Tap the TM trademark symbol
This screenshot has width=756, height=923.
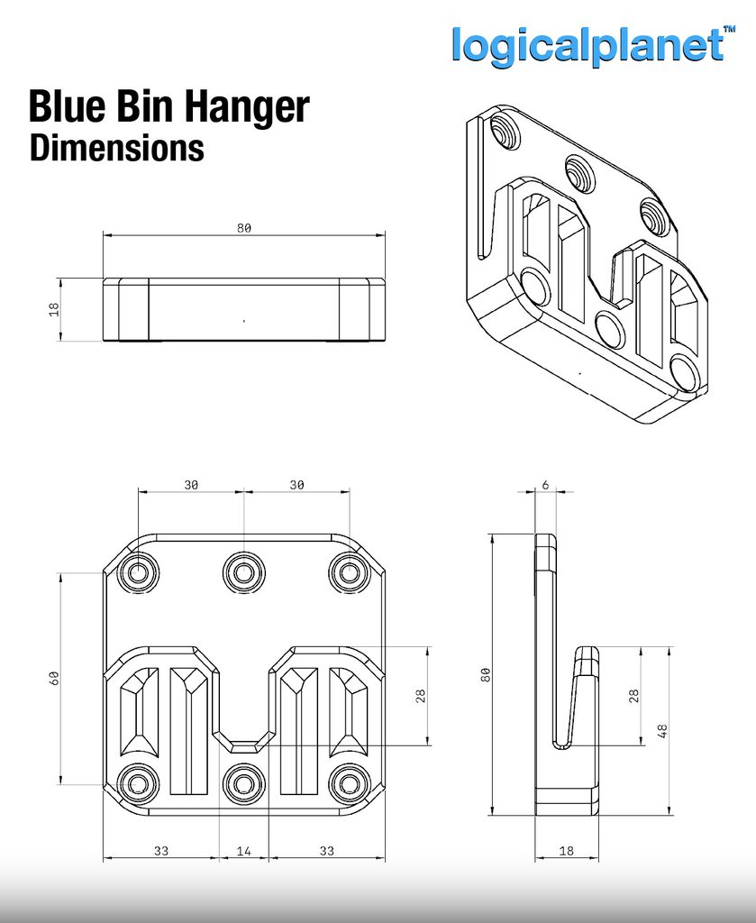click(x=729, y=29)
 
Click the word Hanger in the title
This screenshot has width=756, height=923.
click(x=247, y=108)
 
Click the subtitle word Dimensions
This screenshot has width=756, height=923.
click(x=117, y=148)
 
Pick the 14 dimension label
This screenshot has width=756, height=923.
click(x=243, y=851)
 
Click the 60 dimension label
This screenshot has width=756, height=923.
click(x=54, y=678)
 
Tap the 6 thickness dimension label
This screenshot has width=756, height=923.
click(x=545, y=485)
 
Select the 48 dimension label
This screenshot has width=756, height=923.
click(x=662, y=731)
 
